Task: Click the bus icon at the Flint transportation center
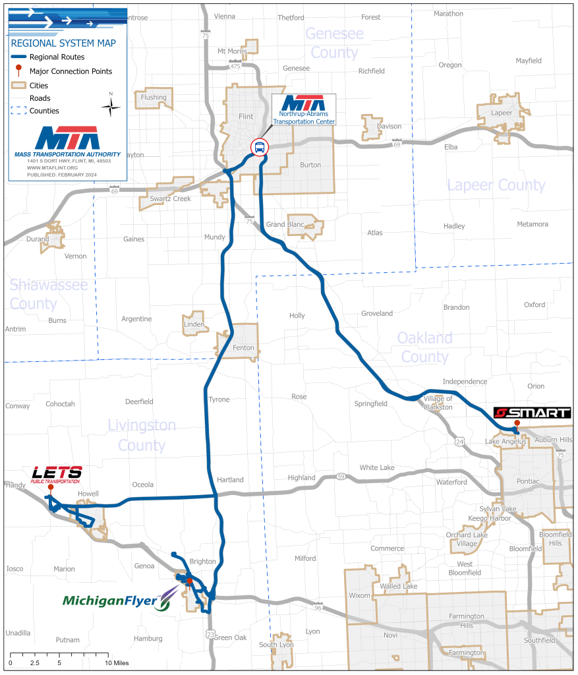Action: pyautogui.click(x=260, y=147)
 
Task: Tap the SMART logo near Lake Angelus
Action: pyautogui.click(x=533, y=413)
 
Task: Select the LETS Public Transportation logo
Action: pyautogui.click(x=57, y=474)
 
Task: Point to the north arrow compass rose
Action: pyautogui.click(x=111, y=105)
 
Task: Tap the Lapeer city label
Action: pyautogui.click(x=502, y=112)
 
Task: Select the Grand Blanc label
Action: pyautogui.click(x=285, y=225)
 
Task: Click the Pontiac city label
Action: pyautogui.click(x=529, y=481)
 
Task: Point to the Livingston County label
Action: pyautogui.click(x=142, y=435)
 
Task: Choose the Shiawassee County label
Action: pyautogui.click(x=49, y=294)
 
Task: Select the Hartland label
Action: pyautogui.click(x=230, y=480)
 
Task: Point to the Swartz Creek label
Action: pyautogui.click(x=169, y=198)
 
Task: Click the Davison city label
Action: pyautogui.click(x=389, y=127)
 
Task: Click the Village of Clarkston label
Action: pyautogui.click(x=438, y=403)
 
